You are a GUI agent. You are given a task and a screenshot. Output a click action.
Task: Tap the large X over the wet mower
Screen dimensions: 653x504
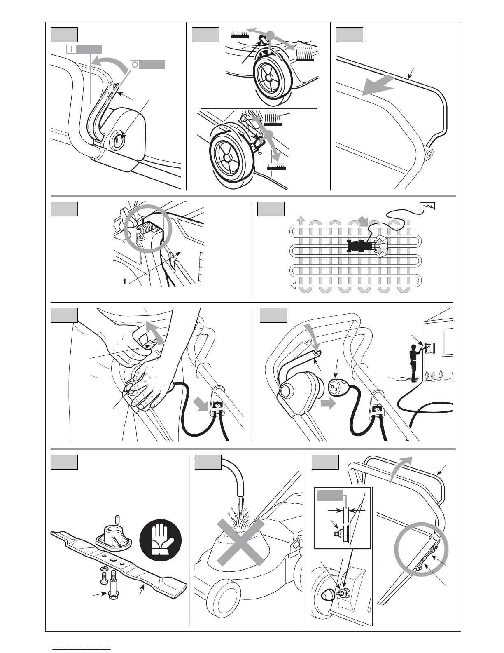[x=241, y=541]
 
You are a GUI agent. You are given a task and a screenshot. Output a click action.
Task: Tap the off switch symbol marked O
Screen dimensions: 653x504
[x=135, y=65]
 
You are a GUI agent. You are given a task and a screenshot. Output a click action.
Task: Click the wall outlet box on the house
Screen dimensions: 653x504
[x=431, y=348]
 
